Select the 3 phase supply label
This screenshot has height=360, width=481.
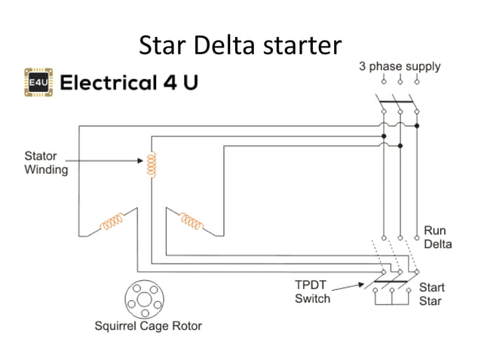coord(400,66)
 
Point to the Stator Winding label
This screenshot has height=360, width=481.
coord(47,163)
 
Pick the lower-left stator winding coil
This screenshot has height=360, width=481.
coord(114,221)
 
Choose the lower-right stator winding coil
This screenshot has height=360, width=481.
coord(190,221)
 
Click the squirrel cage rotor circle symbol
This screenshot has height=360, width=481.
coord(143,301)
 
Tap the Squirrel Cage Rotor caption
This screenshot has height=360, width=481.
coord(148,326)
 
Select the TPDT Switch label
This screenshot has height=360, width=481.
coord(312,292)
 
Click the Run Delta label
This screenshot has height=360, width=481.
coord(437,237)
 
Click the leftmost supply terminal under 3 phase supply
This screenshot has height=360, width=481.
coord(383,79)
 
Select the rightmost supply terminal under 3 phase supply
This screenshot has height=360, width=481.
coord(417,79)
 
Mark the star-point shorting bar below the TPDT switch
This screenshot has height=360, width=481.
coord(392,299)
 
